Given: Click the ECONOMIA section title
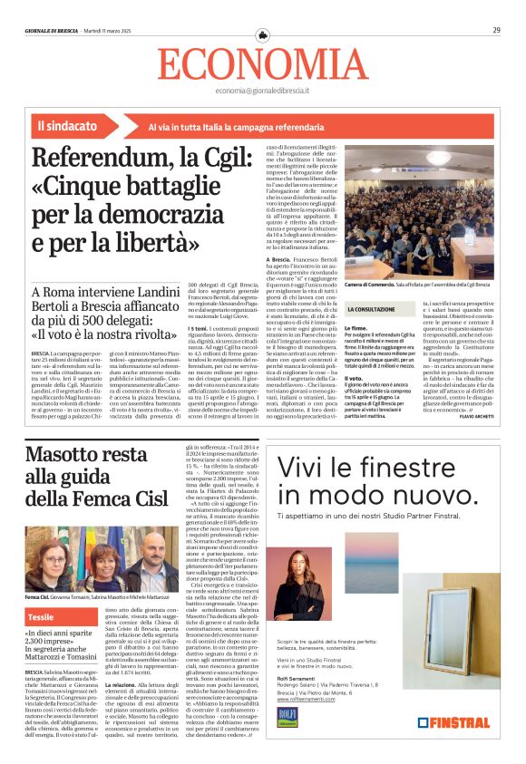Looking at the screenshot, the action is click(x=262, y=63).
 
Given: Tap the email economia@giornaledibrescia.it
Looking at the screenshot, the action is click(x=262, y=91).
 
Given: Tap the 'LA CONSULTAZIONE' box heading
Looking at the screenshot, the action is click(x=371, y=310).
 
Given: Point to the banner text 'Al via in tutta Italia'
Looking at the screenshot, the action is click(x=198, y=128).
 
